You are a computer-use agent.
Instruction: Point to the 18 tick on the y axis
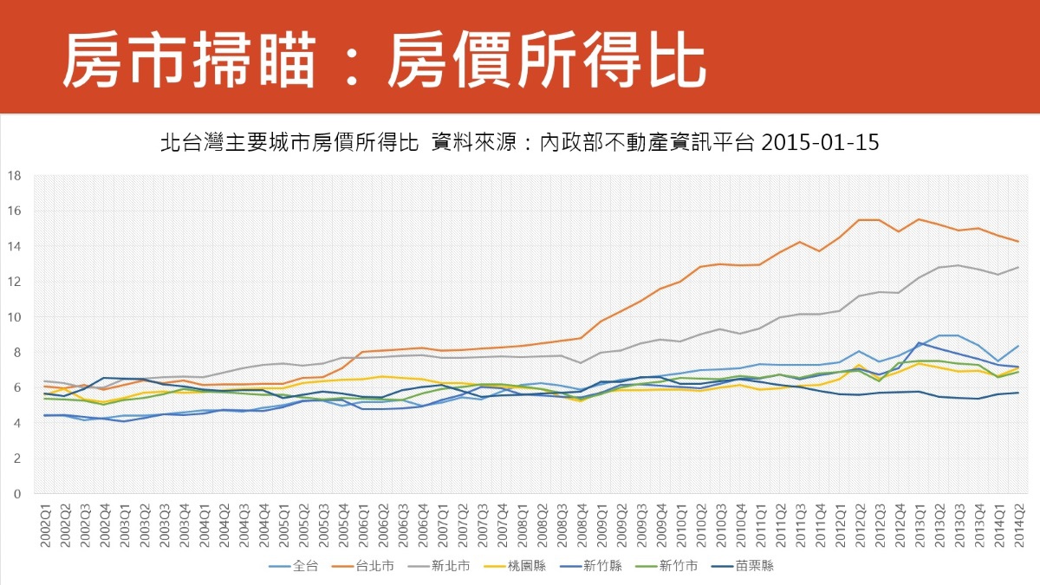coord(15,176)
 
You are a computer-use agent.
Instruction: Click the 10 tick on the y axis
coord(15,317)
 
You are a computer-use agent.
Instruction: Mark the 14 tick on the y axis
coord(15,246)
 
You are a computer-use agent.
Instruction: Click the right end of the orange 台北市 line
coord(1017,241)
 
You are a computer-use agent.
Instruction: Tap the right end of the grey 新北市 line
coord(1017,267)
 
